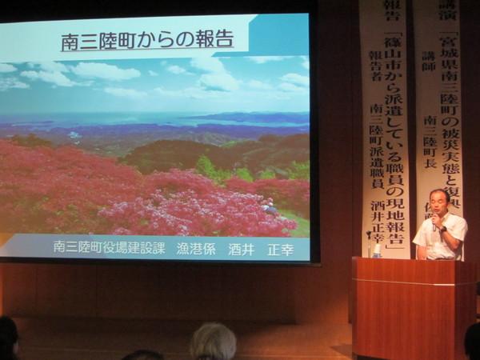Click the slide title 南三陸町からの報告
(x=147, y=38)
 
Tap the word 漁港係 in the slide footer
(x=196, y=248)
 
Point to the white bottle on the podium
(x=376, y=250)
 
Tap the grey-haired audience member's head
(x=213, y=341)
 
